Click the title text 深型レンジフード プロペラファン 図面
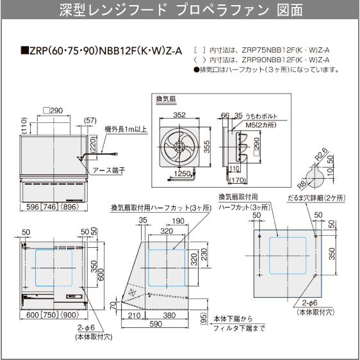coord(180,10)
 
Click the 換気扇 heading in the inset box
coord(167,100)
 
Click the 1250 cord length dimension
coord(183,174)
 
